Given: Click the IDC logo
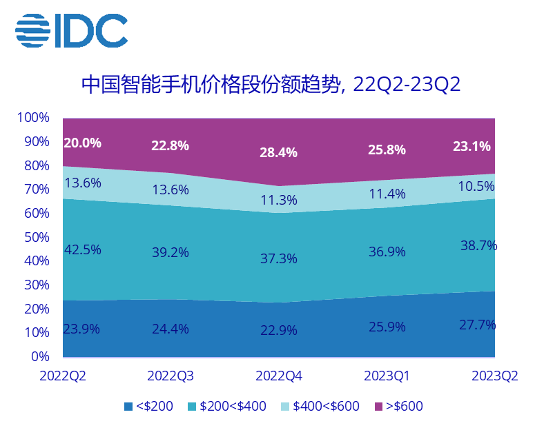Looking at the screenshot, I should click(x=71, y=29).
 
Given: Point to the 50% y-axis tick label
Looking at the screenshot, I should click(x=37, y=237).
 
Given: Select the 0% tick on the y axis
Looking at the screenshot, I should click(x=40, y=356).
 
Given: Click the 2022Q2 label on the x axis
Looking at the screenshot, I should click(x=63, y=376).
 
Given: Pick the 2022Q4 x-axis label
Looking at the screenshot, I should click(x=279, y=376).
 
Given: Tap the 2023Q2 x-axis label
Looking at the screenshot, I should click(x=494, y=376).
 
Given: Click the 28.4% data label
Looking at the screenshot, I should click(x=279, y=152).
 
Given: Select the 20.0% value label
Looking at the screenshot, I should click(x=82, y=143).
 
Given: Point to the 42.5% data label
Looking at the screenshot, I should click(x=82, y=249).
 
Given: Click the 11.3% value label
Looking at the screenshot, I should click(x=279, y=201).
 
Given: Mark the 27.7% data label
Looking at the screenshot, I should click(x=478, y=325).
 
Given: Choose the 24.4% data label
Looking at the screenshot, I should click(x=171, y=329).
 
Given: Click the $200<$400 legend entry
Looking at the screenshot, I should click(x=226, y=406).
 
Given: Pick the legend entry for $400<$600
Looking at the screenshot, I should click(x=319, y=406).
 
